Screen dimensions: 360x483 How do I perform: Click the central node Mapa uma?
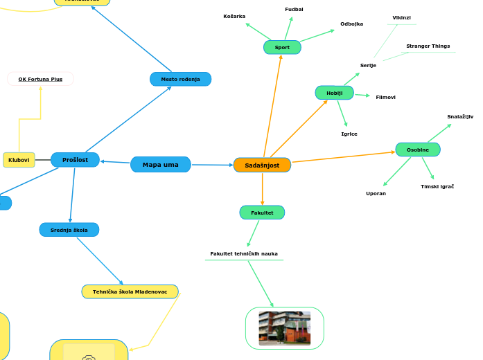[x=160, y=165]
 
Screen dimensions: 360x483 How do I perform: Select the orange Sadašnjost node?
[x=262, y=165]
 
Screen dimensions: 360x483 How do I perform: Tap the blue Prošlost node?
[x=75, y=160]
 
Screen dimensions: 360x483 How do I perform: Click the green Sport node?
[x=282, y=47]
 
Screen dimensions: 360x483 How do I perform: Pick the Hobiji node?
[x=334, y=93]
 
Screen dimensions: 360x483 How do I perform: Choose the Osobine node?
[x=417, y=150]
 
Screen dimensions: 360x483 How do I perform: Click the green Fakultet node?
[x=262, y=213]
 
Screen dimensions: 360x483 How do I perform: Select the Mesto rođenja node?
[x=180, y=79]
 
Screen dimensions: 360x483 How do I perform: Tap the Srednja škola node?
[x=69, y=229]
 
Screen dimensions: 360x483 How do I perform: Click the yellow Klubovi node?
[x=19, y=160]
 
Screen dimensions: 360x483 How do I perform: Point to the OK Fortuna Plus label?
[x=40, y=79]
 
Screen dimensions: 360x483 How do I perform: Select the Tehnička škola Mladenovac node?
[x=130, y=291]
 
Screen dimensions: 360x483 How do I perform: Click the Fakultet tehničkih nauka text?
[x=244, y=254]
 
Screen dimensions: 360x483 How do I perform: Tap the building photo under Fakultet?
[x=284, y=328]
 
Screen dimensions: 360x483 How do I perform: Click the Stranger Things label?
[x=428, y=46]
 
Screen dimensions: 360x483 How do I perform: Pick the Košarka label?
[x=234, y=16]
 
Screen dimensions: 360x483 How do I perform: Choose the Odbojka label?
[x=351, y=24]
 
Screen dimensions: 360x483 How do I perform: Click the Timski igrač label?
[x=437, y=187]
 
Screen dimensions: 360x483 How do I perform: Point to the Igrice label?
[x=349, y=134]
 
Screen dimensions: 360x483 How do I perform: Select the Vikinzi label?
[x=401, y=18]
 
